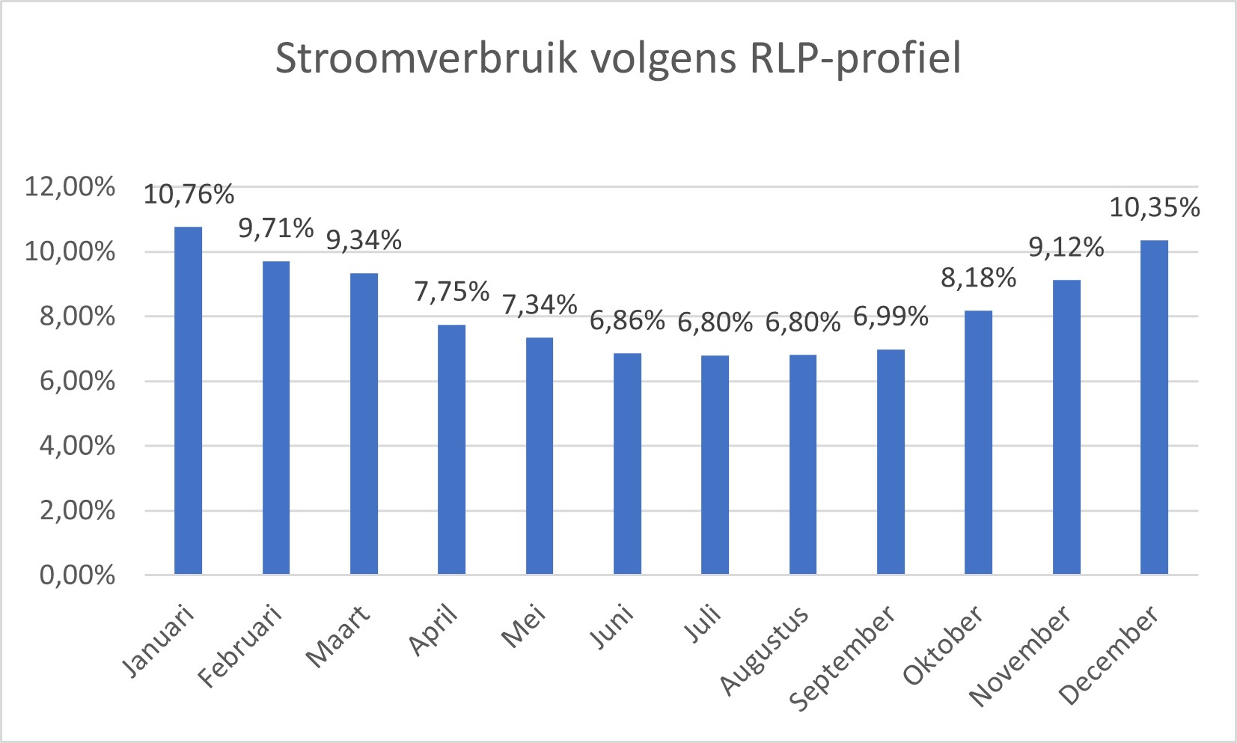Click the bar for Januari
pyautogui.click(x=188, y=400)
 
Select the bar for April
pyautogui.click(x=451, y=449)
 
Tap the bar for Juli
pyautogui.click(x=715, y=465)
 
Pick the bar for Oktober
pyautogui.click(x=978, y=442)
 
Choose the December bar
pyautogui.click(x=1154, y=407)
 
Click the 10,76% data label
pyautogui.click(x=189, y=195)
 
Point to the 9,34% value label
pyautogui.click(x=364, y=240)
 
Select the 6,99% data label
pyautogui.click(x=891, y=317)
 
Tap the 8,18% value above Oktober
pyautogui.click(x=978, y=278)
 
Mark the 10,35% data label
pyautogui.click(x=1154, y=207)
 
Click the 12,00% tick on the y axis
pyautogui.click(x=70, y=186)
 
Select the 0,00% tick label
pyautogui.click(x=77, y=575)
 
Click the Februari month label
pyautogui.click(x=241, y=646)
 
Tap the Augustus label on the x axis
pyautogui.click(x=765, y=650)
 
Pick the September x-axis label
pyautogui.click(x=843, y=657)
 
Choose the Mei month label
pyautogui.click(x=524, y=627)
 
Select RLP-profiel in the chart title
pyautogui.click(x=855, y=58)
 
